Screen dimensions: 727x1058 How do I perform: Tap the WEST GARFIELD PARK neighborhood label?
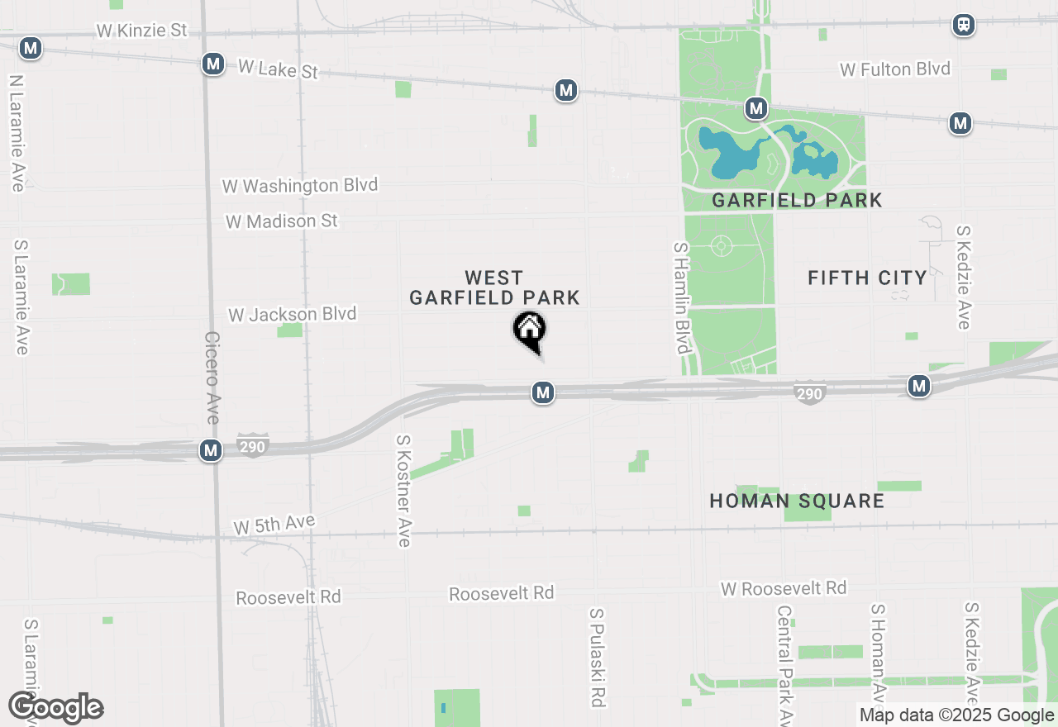tap(494, 287)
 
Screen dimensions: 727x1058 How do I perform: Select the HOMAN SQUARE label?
tap(797, 501)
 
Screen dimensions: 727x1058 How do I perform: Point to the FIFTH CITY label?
tap(867, 278)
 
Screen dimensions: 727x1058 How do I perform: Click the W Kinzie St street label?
tap(141, 31)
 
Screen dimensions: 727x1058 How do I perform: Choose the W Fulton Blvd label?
tap(895, 69)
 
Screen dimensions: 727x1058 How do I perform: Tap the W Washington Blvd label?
tap(299, 185)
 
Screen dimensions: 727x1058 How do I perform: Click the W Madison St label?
tap(282, 221)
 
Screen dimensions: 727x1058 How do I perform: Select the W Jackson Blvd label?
tap(292, 315)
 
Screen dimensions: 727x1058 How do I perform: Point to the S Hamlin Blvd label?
tap(681, 297)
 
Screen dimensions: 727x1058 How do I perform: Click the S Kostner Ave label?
tap(403, 491)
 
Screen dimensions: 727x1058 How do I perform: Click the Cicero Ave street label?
tap(212, 377)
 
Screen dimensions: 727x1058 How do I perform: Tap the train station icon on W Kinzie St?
tap(963, 25)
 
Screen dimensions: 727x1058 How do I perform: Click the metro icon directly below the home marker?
tap(542, 392)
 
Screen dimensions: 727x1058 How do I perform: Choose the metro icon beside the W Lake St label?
tap(213, 64)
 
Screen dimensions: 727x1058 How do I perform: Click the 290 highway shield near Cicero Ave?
tap(253, 447)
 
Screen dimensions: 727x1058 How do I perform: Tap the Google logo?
tap(55, 708)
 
